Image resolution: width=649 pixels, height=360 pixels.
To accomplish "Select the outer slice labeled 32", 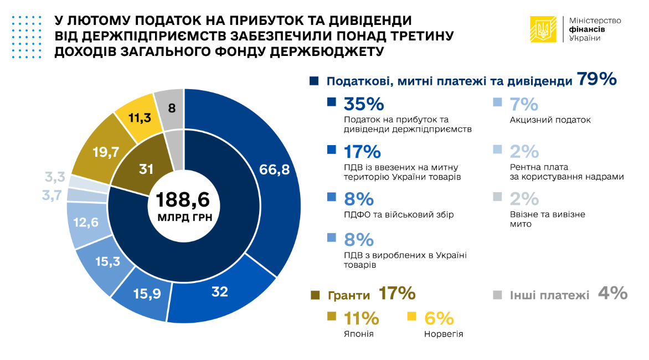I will pos(220,292).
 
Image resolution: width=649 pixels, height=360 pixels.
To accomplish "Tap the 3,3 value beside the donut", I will pos(55,178).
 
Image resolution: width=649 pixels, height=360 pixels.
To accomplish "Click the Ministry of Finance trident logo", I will pos(544,29).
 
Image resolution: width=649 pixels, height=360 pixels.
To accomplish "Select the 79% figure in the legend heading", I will pos(597,80).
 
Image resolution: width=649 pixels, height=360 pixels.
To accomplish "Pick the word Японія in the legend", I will pos(358,334).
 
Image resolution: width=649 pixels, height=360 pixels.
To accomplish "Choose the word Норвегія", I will pos(444,334).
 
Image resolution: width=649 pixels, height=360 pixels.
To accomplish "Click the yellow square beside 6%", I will pos(411,317).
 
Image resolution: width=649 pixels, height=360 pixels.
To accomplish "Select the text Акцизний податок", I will pos(550,120).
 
